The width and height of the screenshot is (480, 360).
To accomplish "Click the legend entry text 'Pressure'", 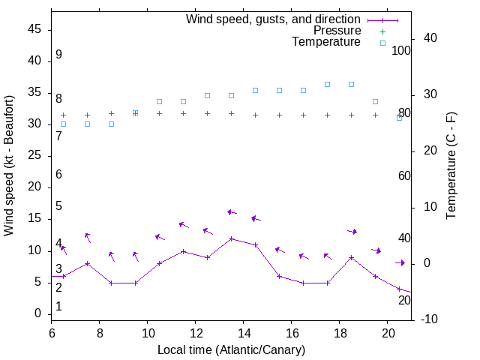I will [x=337, y=31].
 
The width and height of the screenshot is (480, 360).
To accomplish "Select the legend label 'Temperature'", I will [x=326, y=42].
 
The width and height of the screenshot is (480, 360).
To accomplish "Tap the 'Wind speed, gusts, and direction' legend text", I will [x=273, y=19].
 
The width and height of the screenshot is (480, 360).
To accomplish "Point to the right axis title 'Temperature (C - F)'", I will [x=451, y=165].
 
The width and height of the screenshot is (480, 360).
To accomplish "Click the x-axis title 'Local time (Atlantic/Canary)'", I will [x=231, y=349].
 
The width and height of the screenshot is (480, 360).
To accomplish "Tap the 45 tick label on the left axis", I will [x=34, y=30].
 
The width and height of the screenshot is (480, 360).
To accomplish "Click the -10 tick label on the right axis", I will [x=430, y=319].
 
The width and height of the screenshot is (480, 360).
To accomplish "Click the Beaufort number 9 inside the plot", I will [x=58, y=55].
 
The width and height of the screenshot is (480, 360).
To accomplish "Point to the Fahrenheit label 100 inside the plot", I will [x=401, y=50].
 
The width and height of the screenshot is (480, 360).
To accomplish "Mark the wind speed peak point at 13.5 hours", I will [x=231, y=238].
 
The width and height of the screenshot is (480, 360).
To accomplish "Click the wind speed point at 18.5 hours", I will [x=351, y=257].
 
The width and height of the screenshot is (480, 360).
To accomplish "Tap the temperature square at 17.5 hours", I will [x=327, y=84].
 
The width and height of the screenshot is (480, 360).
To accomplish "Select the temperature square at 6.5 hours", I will [x=63, y=124].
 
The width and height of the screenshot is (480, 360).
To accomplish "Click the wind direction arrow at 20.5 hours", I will [x=400, y=262].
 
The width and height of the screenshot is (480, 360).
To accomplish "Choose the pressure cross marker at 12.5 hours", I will [x=207, y=113].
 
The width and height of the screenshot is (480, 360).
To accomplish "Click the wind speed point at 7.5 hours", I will [x=87, y=263].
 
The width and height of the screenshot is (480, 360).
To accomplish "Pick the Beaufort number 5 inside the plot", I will [x=58, y=206].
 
